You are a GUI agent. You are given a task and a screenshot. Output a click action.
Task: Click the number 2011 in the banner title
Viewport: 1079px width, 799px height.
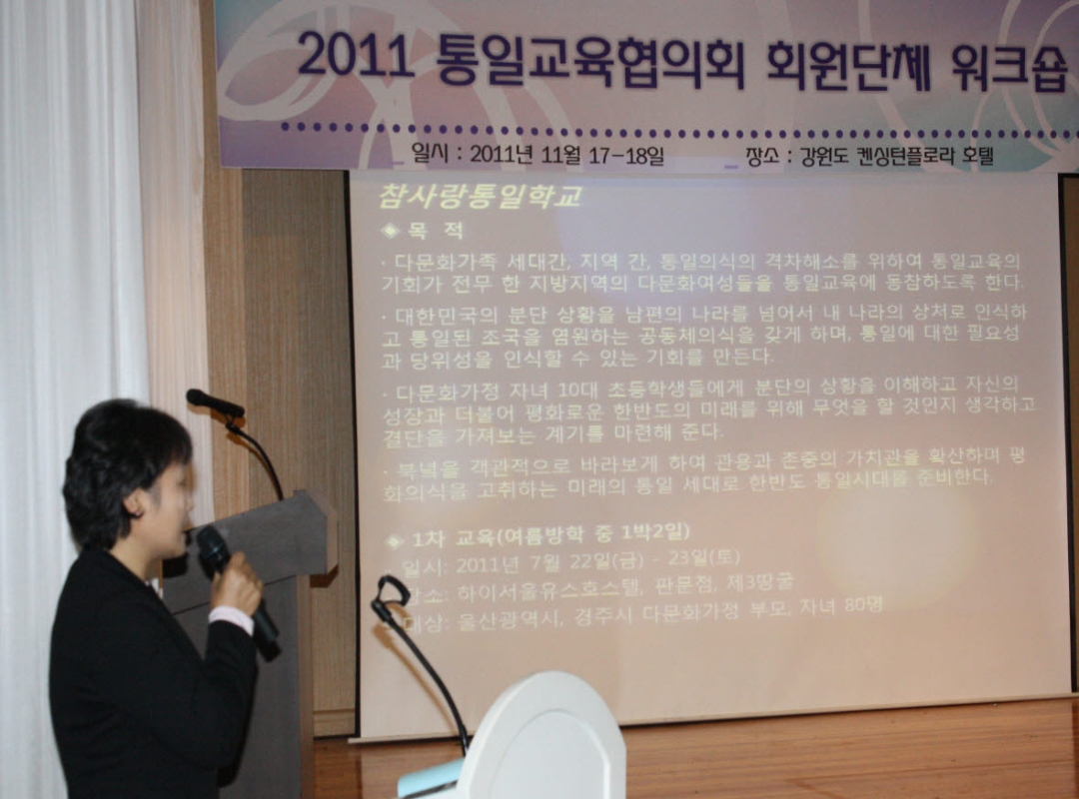355,57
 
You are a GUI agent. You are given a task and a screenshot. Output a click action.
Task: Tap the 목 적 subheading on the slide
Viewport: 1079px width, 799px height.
436,231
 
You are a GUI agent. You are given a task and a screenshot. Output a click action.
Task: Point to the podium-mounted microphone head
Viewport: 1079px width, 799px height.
214,402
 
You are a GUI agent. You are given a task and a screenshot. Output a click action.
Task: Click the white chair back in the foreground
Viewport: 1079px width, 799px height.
544,739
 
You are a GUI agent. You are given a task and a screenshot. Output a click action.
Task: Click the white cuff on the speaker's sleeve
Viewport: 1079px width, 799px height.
231,618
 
